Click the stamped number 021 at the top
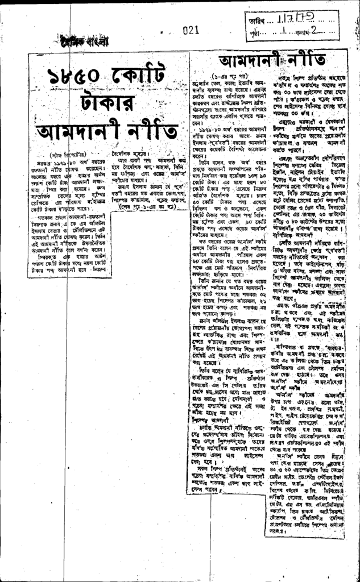pyautogui.click(x=191, y=31)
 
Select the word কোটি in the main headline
pyautogui.click(x=137, y=75)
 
